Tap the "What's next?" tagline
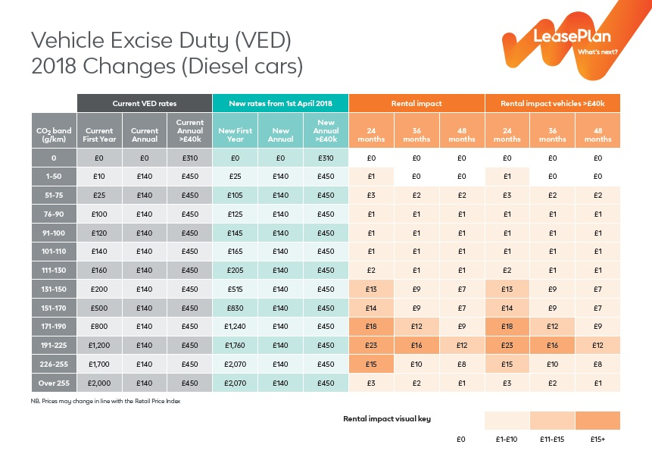(x=597, y=52)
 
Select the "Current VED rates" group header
(x=144, y=103)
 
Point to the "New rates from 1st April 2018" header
(x=280, y=103)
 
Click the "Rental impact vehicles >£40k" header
(x=552, y=103)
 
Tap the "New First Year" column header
(x=235, y=130)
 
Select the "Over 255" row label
(x=54, y=383)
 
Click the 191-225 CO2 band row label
(x=54, y=345)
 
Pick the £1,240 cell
(x=235, y=326)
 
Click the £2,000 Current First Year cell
(x=99, y=383)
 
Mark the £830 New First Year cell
(x=235, y=308)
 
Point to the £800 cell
(x=99, y=326)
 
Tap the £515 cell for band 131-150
(x=235, y=289)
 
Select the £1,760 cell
(x=235, y=345)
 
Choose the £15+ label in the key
(x=597, y=439)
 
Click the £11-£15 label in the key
(x=552, y=439)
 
